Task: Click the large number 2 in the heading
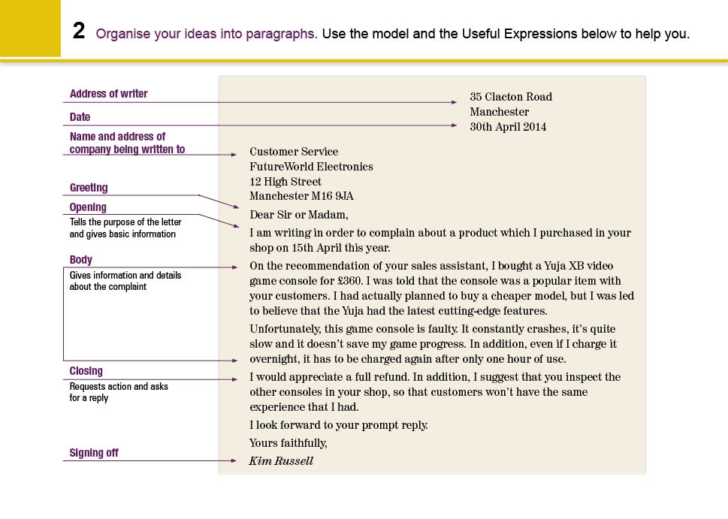click(x=79, y=32)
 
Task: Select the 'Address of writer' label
click(x=108, y=94)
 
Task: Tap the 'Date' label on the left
click(x=80, y=117)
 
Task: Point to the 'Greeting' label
click(x=89, y=188)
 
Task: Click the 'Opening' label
click(x=88, y=207)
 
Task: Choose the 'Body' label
click(x=81, y=260)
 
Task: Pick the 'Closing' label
click(x=86, y=371)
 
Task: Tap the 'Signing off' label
click(x=94, y=453)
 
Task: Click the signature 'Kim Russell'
click(x=281, y=461)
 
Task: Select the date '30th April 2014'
click(x=508, y=127)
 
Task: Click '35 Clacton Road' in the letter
click(x=511, y=97)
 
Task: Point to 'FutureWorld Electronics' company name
click(x=311, y=167)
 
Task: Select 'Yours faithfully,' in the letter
click(x=288, y=443)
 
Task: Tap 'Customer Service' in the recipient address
click(x=294, y=152)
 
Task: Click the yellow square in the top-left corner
click(x=30, y=28)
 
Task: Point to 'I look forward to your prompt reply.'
click(x=339, y=425)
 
